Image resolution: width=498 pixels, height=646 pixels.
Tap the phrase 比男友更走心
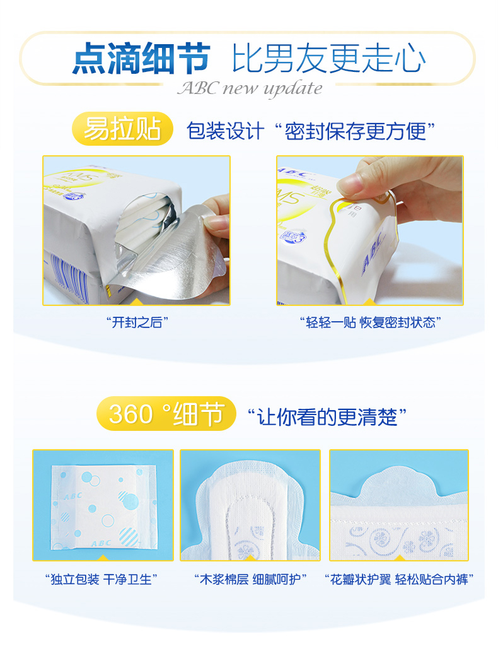(x=328, y=59)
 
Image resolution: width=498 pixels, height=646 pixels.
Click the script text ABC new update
(x=250, y=88)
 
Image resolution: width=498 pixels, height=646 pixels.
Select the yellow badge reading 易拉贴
(x=122, y=129)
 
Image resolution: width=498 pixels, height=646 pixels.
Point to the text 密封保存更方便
(x=355, y=131)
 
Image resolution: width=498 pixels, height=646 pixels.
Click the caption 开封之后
(x=137, y=322)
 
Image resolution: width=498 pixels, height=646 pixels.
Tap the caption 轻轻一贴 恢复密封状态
(x=371, y=322)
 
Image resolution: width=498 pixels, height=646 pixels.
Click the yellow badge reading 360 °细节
(x=166, y=414)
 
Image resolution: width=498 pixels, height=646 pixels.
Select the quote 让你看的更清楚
(x=327, y=417)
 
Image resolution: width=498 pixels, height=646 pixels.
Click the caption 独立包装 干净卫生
(x=101, y=579)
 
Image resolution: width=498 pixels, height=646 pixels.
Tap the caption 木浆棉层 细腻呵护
(x=250, y=579)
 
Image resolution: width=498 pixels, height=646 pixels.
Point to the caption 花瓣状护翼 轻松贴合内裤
(x=399, y=579)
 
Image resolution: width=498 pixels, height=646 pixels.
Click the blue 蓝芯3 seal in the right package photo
(x=292, y=236)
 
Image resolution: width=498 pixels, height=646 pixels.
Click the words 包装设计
(x=225, y=131)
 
